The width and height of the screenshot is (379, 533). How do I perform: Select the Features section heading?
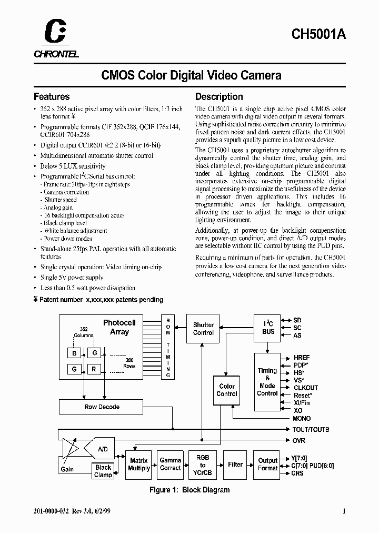coord(52,97)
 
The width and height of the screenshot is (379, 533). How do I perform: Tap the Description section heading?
coord(219,97)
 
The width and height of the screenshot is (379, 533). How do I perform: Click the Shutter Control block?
coord(203,329)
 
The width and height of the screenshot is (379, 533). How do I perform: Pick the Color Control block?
coord(227,390)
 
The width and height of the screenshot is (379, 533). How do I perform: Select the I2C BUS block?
coord(268,328)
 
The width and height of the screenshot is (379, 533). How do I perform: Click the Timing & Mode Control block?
coord(267,382)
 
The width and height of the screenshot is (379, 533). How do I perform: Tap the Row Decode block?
coord(102,407)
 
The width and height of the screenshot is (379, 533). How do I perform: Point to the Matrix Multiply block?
coord(139,464)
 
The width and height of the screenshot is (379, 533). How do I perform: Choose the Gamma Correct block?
coord(171,464)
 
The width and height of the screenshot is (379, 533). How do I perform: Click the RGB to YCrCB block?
coord(203,464)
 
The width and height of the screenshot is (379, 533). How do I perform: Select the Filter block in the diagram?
coord(235,464)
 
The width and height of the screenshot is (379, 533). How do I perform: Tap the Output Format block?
coord(267,464)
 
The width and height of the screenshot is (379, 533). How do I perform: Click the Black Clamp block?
coord(103,471)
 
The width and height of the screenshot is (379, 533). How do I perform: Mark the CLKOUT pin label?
coord(306,388)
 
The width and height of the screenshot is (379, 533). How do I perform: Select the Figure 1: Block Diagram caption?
coord(189,490)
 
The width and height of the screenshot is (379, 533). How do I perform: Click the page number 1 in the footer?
coord(344,511)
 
